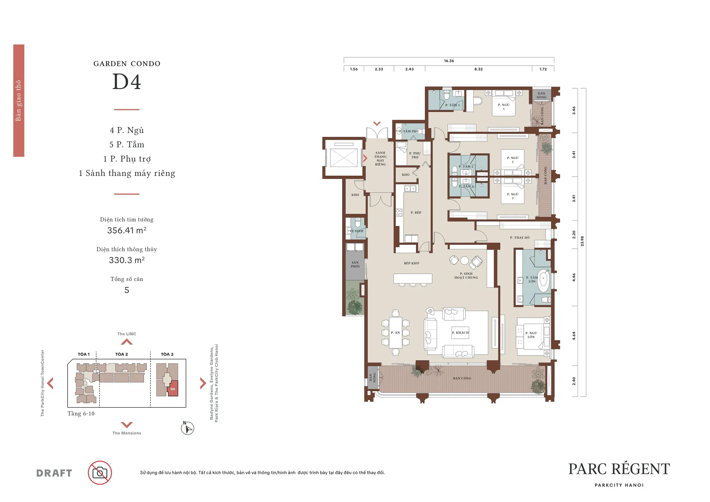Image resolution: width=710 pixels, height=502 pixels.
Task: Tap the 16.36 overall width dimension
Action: point(449,61)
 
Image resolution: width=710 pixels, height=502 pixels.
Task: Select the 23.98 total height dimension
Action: point(582,241)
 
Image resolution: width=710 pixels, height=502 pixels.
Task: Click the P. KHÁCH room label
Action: point(460,332)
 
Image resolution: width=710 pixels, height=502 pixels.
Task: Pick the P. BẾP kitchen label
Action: point(416,213)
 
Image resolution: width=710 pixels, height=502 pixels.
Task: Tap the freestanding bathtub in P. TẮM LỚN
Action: point(543,281)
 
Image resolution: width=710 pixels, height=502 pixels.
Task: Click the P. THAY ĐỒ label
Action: point(519,238)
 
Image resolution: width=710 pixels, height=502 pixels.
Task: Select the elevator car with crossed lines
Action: point(344,158)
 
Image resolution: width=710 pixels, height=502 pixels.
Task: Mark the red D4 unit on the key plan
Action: point(173,390)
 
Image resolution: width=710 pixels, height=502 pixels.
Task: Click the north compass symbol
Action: point(187,428)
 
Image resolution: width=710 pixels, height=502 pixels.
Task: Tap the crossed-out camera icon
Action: point(100,473)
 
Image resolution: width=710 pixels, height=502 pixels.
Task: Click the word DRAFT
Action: point(54,473)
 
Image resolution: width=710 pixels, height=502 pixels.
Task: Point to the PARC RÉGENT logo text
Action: point(619,469)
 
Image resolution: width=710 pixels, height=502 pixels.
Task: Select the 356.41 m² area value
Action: point(126,230)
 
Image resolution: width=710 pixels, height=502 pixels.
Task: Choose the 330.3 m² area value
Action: point(126,260)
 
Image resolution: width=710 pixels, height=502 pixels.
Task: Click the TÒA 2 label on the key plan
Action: point(122,354)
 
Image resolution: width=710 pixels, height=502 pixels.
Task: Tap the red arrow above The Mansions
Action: point(126,425)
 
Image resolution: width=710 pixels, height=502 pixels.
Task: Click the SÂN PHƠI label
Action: point(355,264)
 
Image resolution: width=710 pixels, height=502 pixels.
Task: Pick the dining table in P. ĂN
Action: point(396,332)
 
